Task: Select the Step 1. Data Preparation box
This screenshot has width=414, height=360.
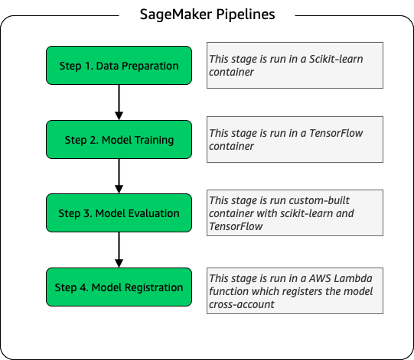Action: [x=118, y=66]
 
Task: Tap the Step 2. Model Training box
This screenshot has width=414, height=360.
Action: [x=118, y=140]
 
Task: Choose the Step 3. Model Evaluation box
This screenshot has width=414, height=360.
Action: [x=118, y=213]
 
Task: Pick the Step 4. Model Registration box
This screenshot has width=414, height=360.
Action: [x=118, y=287]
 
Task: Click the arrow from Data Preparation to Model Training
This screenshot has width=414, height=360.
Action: [x=119, y=102]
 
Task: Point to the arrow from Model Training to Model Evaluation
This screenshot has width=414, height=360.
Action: [x=119, y=177]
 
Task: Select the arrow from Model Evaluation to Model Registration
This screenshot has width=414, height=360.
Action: [x=119, y=251]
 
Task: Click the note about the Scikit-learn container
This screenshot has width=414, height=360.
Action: [x=295, y=66]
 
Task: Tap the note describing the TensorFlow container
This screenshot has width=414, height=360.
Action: [x=295, y=140]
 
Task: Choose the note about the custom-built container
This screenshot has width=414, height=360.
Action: [x=295, y=213]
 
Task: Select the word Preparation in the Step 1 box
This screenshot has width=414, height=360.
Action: [x=150, y=66]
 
